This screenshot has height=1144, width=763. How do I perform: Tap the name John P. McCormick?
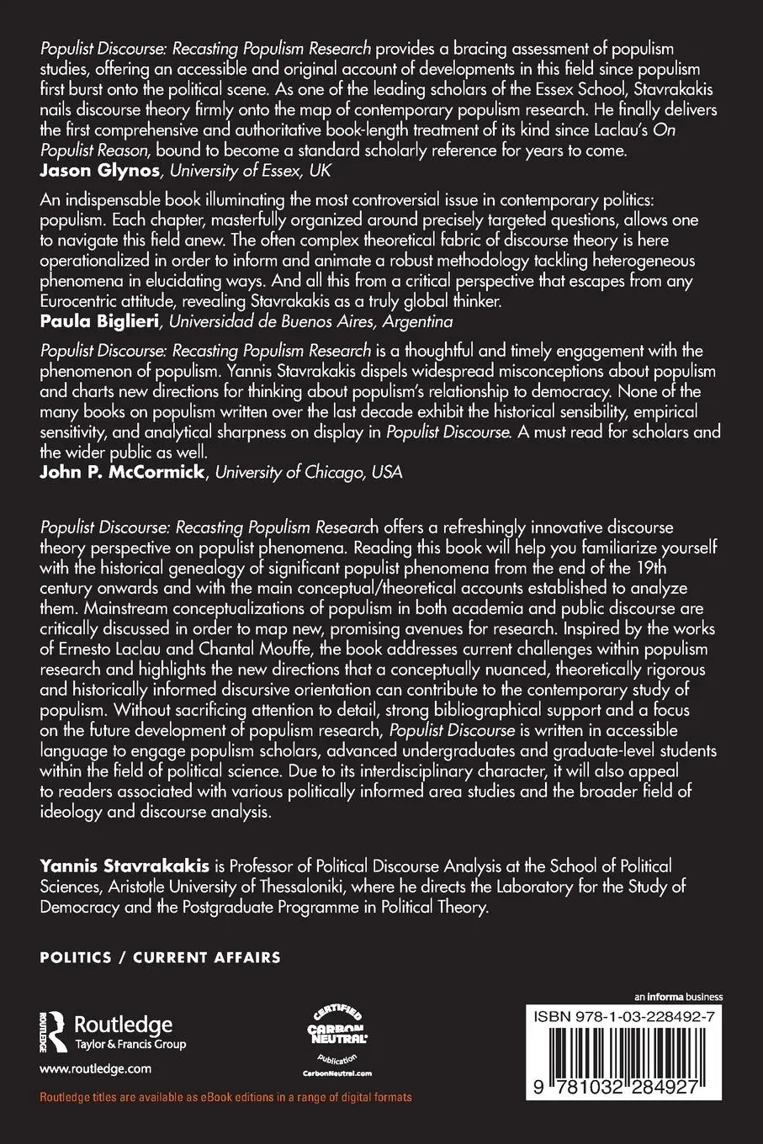point(123,472)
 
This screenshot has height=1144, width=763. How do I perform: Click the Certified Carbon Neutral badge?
point(336,1035)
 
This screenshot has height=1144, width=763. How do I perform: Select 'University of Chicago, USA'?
point(310,472)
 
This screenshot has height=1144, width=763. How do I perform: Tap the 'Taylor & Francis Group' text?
point(130,1045)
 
